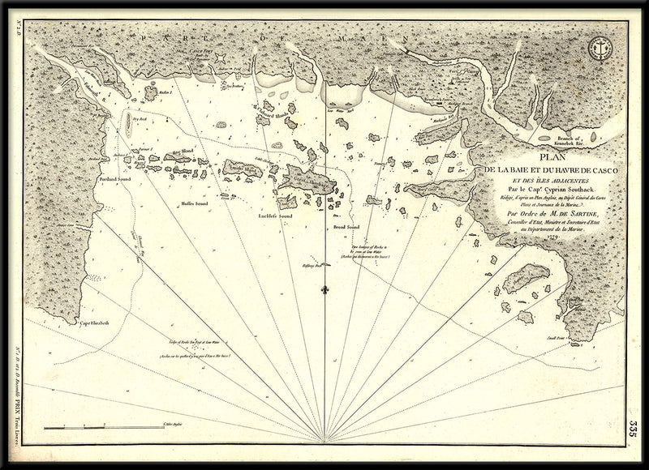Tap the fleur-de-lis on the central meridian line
tap(324, 288)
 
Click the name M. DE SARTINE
tap(561, 215)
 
